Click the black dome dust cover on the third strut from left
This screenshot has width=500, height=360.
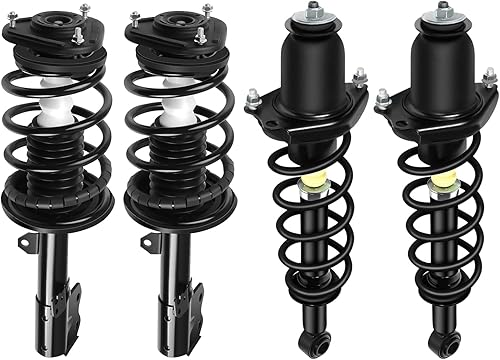(313, 65)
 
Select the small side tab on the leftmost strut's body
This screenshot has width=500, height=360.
(22, 241)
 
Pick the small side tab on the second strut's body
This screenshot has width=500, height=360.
(147, 241)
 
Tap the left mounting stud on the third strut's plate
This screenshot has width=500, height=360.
(254, 97)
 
